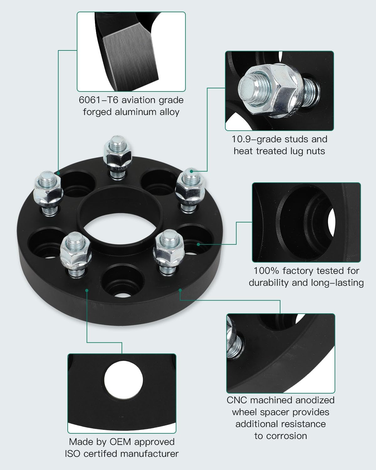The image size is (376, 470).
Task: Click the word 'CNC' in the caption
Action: coord(237,400)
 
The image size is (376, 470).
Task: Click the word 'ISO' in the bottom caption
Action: coord(73,453)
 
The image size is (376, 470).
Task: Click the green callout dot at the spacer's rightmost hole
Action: coord(198,243)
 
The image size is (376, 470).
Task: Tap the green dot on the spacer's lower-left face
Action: coord(87,290)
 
